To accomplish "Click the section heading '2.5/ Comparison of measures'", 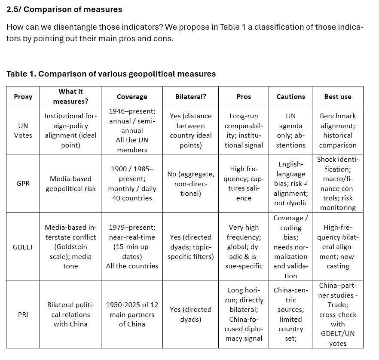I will tap(64, 9).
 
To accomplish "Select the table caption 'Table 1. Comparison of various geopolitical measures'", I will tap(111, 74).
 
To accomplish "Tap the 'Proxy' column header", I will tap(23, 97).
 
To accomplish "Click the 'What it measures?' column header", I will tap(70, 96).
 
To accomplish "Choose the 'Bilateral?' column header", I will tap(190, 97).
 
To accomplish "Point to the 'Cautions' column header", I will tap(290, 97).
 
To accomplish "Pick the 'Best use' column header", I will tap(337, 97).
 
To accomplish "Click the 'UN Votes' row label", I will tap(23, 130).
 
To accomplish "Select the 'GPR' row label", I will tap(23, 183).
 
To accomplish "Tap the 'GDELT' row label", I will tap(23, 247).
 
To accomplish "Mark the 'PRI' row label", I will tap(23, 314).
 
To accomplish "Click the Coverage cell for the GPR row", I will tap(132, 184).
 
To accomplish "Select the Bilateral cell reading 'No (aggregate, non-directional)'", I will tap(190, 184).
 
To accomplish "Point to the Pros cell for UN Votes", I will tap(244, 130).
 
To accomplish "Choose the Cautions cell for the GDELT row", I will tap(290, 247).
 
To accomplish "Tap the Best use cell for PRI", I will tap(337, 314).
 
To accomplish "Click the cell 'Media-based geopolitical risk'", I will tap(70, 184).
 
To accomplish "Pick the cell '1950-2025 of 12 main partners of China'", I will tap(132, 314).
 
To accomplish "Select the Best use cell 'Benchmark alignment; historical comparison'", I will tap(337, 130).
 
